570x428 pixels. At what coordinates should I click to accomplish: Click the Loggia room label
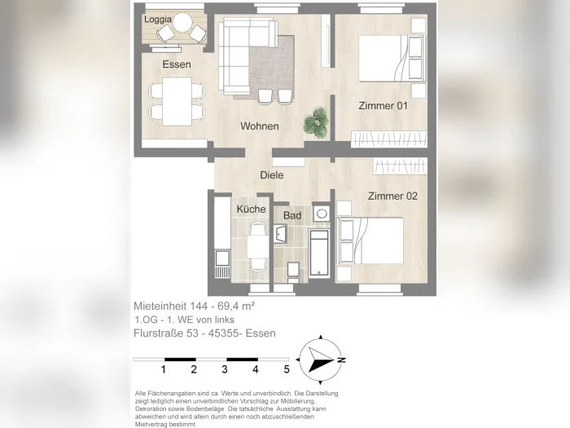click(158, 20)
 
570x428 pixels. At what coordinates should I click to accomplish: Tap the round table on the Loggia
click(182, 22)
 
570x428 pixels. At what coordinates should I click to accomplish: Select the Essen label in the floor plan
click(177, 64)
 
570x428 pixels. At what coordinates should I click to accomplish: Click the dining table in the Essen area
click(177, 102)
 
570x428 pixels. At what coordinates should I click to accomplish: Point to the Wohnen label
click(260, 126)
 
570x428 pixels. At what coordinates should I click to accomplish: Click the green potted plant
click(316, 122)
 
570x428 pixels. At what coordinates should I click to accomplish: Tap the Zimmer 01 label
click(383, 106)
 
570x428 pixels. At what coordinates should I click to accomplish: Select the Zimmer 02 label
click(392, 196)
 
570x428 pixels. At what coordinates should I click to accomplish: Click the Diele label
click(271, 175)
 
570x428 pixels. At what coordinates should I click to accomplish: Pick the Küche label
click(251, 210)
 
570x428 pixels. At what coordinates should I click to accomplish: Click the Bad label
click(292, 215)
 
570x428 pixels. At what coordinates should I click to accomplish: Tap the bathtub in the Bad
click(319, 253)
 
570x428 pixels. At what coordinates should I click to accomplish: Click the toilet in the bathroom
click(293, 272)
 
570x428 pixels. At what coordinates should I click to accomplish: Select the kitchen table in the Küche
click(258, 247)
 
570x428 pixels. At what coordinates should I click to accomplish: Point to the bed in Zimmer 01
click(392, 58)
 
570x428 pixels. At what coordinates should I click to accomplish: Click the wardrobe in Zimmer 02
click(400, 166)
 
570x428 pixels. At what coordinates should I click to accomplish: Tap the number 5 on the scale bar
click(287, 369)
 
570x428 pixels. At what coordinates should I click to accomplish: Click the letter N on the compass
click(341, 360)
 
